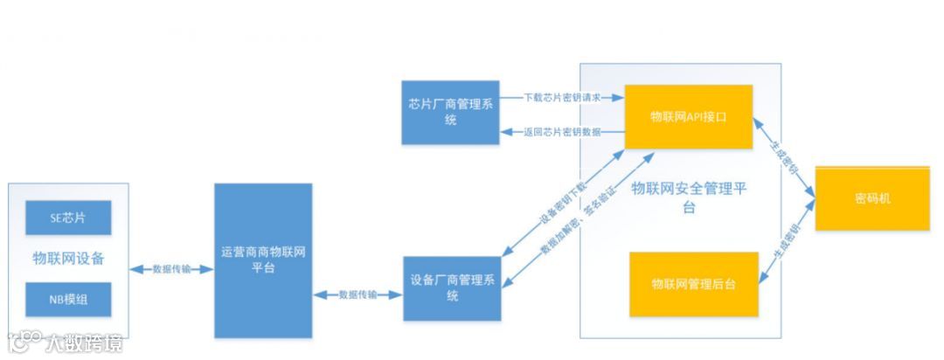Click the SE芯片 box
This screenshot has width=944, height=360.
point(68,218)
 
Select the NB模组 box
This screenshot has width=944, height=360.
point(68,300)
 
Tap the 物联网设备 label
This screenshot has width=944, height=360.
point(68,259)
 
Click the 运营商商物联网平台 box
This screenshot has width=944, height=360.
point(263,260)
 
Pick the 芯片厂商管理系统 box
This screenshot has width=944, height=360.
point(450,113)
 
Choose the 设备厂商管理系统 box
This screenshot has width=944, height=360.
point(451,288)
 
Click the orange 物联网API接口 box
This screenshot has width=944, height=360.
point(688,116)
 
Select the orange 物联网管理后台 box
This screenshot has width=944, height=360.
point(693,285)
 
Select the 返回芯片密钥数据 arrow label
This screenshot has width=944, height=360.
point(562,133)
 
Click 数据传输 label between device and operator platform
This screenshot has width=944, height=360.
point(171,269)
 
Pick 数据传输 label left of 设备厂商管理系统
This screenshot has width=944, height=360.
point(357,295)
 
